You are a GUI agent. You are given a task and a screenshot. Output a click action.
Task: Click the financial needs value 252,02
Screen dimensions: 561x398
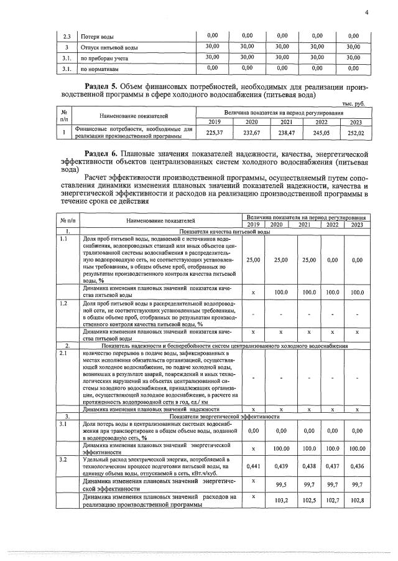click(353, 133)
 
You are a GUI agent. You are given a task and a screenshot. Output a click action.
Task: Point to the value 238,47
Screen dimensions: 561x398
click(286, 133)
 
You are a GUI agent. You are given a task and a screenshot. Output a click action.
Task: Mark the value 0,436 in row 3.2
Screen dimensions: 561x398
click(356, 466)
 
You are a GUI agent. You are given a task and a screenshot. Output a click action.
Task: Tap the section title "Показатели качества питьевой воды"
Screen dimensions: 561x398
click(223, 232)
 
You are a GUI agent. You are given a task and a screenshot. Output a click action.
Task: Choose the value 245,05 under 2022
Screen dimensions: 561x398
click(322, 133)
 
